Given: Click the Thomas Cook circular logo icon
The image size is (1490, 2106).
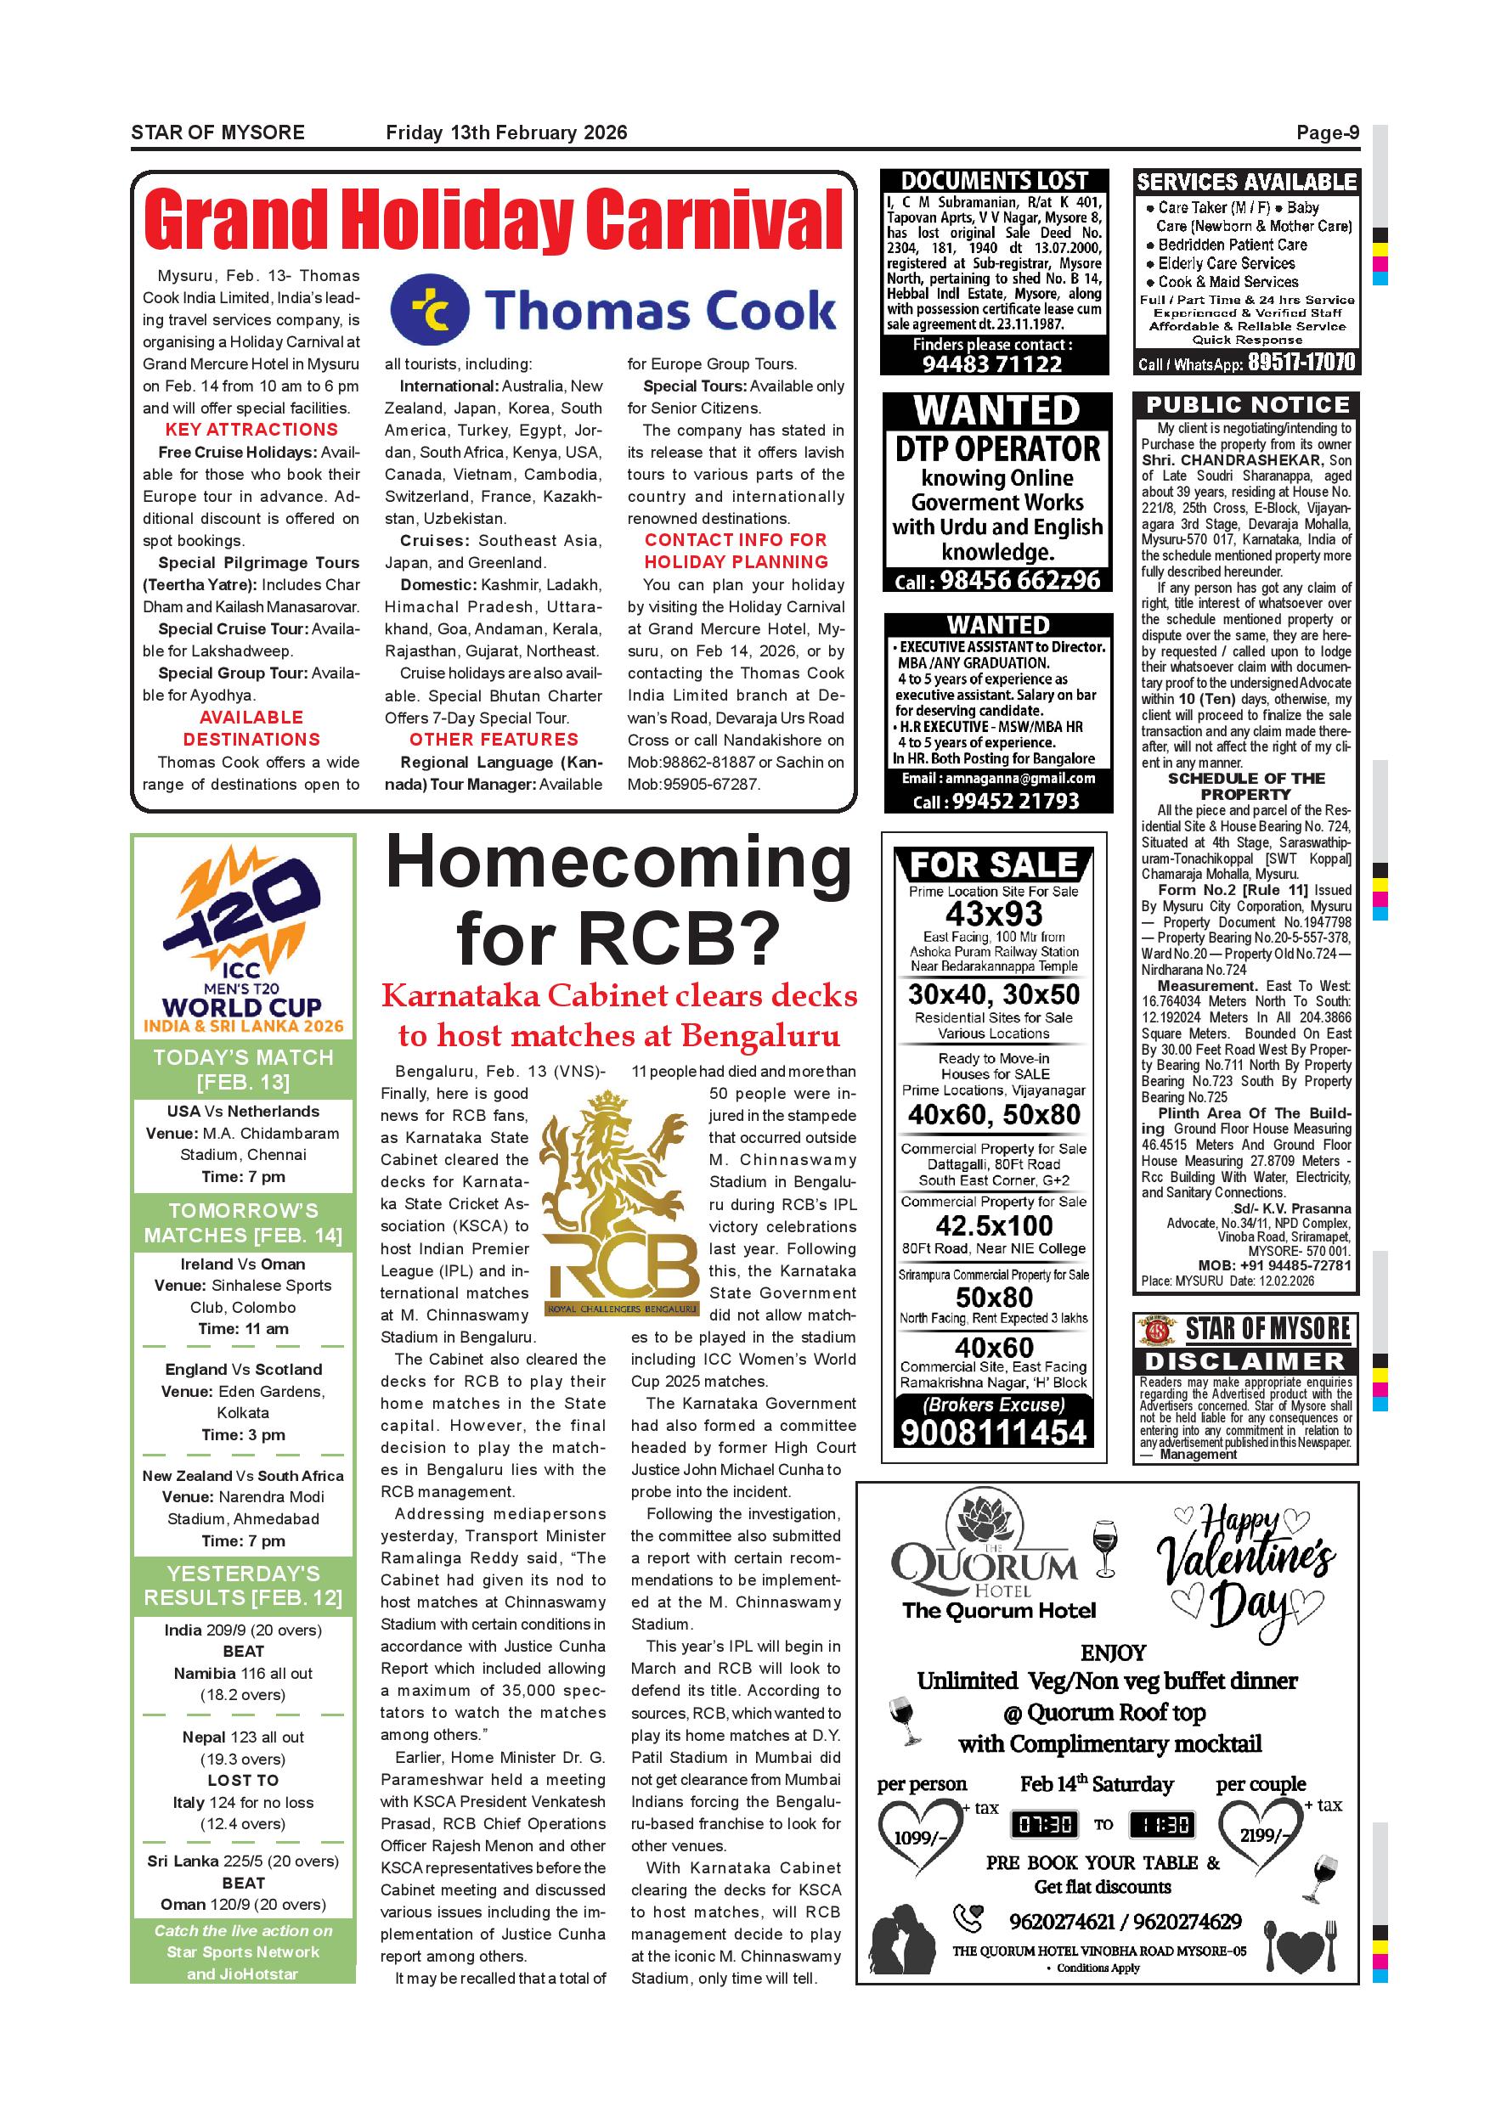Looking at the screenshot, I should [429, 310].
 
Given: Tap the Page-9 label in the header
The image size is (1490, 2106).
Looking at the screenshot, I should [1327, 133].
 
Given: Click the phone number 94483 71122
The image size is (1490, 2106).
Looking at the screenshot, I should [992, 363].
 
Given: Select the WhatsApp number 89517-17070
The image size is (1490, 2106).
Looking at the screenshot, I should [1301, 363].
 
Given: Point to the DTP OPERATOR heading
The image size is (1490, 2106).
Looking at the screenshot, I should [997, 449].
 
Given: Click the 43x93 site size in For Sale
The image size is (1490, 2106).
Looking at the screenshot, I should [994, 915].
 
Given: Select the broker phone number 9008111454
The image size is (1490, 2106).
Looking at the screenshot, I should [994, 1433].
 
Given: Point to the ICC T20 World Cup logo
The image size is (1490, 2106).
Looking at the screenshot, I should [243, 936].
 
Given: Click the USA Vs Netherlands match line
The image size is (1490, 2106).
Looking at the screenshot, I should [243, 1112].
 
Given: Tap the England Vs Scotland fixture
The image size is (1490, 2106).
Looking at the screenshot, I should [243, 1370].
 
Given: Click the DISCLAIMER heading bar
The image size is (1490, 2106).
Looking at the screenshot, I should [1246, 1361].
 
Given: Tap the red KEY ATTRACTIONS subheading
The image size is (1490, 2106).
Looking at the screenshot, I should [251, 431].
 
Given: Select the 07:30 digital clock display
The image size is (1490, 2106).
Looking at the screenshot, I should [1044, 1824].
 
